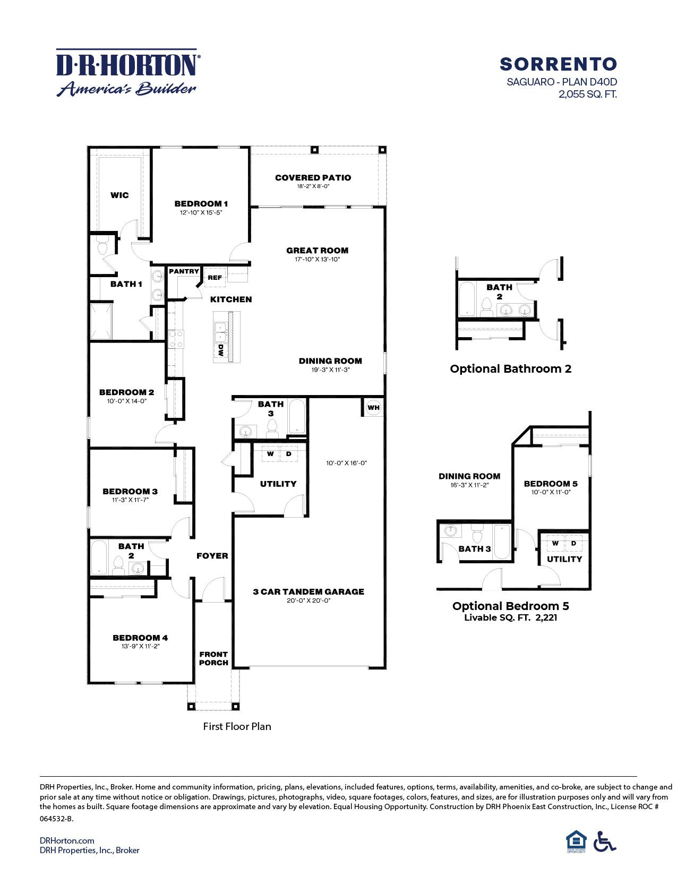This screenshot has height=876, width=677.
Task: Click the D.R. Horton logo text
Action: pos(127,65)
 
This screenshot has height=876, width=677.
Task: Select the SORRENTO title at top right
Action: pos(558,64)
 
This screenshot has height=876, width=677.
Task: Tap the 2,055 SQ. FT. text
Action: pos(587,95)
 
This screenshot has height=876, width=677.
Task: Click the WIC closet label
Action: pos(119,195)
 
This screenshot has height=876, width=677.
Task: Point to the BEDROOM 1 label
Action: pos(201,204)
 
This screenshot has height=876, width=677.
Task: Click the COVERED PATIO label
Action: pos(313,178)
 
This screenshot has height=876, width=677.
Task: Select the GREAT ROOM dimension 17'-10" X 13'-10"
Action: pos(317,260)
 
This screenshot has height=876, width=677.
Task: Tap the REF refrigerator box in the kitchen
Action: pos(215,278)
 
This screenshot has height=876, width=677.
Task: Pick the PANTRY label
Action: pos(184,271)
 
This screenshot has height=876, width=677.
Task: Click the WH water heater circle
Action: pos(374,408)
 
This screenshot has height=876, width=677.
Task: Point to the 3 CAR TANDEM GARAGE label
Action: pos(308,591)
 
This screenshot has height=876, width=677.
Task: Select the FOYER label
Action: pos(212,556)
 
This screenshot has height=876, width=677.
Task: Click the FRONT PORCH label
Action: pos(213,658)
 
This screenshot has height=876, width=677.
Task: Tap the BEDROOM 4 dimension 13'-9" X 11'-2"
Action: pos(140,646)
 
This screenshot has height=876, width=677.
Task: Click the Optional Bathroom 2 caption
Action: pos(510,369)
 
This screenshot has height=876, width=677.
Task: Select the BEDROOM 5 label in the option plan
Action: pos(551,484)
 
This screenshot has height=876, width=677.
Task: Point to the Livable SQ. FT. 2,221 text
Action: pos(510,617)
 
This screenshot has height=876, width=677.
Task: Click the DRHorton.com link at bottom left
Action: pos(67,840)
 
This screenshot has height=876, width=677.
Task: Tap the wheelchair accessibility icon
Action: pos(604,841)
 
